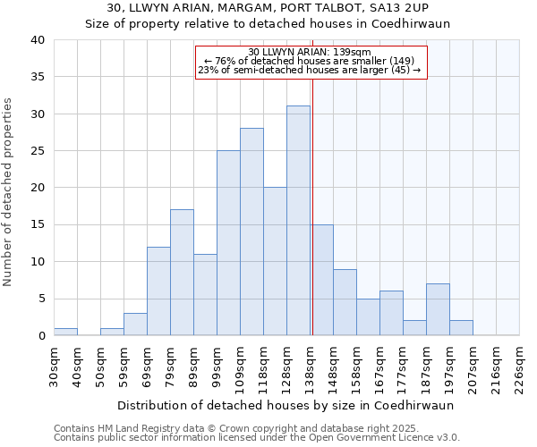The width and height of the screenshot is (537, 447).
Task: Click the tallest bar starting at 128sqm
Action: (298, 221)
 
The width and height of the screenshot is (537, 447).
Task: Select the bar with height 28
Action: (251, 232)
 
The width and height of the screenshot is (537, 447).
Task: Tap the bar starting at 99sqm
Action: (228, 243)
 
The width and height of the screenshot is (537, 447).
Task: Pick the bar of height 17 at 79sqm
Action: (182, 273)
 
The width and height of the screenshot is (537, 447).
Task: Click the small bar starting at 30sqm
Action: (65, 332)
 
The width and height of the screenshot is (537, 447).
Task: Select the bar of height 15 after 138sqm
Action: (322, 280)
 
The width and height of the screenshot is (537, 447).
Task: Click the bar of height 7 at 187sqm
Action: (438, 309)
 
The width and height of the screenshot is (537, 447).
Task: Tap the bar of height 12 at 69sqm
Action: (158, 291)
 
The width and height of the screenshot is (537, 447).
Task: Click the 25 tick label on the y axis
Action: (38, 151)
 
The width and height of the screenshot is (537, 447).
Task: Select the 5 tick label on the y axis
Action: (41, 299)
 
